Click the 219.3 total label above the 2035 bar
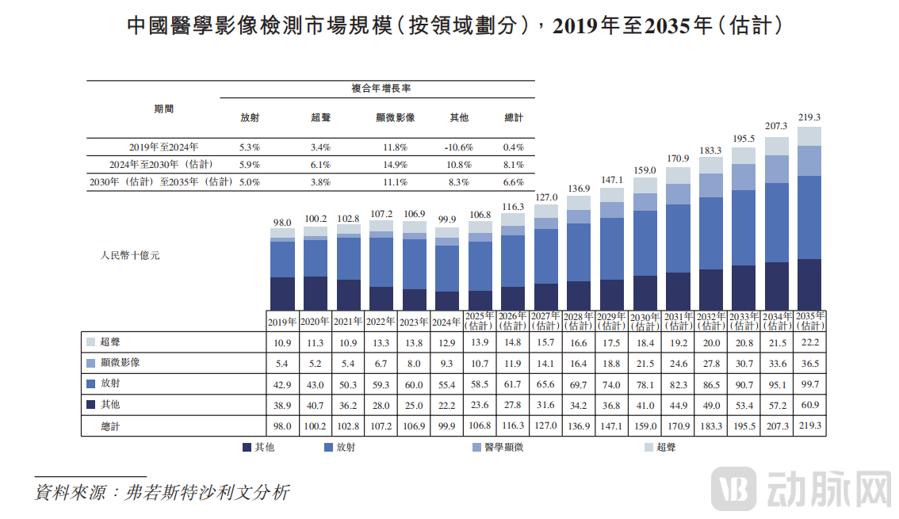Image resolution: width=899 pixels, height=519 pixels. tap(809, 116)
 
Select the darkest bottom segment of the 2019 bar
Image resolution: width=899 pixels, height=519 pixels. tap(282, 292)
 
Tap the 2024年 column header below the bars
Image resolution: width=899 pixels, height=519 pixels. tap(447, 322)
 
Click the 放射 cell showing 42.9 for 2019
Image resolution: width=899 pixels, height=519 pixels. tap(282, 384)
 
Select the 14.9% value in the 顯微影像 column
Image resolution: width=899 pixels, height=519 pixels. tap(395, 165)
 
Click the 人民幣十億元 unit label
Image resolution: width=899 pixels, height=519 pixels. tap(130, 256)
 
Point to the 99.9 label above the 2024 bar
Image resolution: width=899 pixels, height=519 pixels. tap(447, 220)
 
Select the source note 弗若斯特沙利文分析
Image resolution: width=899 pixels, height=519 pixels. tap(208, 492)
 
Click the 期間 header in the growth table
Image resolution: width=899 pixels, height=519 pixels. tap(163, 109)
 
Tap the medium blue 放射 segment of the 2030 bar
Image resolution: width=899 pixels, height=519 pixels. tap(645, 242)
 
